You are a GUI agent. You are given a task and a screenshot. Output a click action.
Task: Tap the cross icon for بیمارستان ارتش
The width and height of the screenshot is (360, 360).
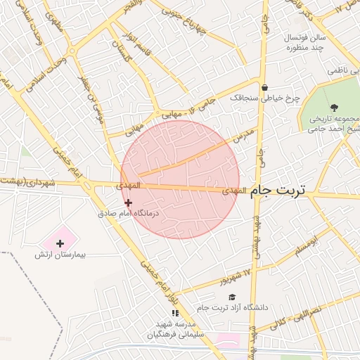click(60, 243)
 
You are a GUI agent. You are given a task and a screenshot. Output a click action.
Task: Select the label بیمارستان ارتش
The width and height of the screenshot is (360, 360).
click(60, 254)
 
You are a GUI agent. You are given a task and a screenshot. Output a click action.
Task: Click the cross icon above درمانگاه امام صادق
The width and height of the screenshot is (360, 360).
click(128, 202)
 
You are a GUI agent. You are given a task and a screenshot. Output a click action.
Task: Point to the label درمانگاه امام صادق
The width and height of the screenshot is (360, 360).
click(128, 212)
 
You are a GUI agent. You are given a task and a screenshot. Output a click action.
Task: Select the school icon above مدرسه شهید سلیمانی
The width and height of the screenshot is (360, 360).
click(175, 313)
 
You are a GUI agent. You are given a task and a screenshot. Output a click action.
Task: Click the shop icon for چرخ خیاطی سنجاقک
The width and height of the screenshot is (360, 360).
click(264, 88)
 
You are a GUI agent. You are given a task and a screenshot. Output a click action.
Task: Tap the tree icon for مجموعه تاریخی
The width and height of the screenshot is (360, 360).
click(333, 108)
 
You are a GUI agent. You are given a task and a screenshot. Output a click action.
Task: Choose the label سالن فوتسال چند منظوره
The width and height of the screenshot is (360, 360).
click(301, 41)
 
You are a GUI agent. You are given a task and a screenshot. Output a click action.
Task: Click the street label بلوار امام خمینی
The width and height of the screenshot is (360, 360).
click(155, 274)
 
